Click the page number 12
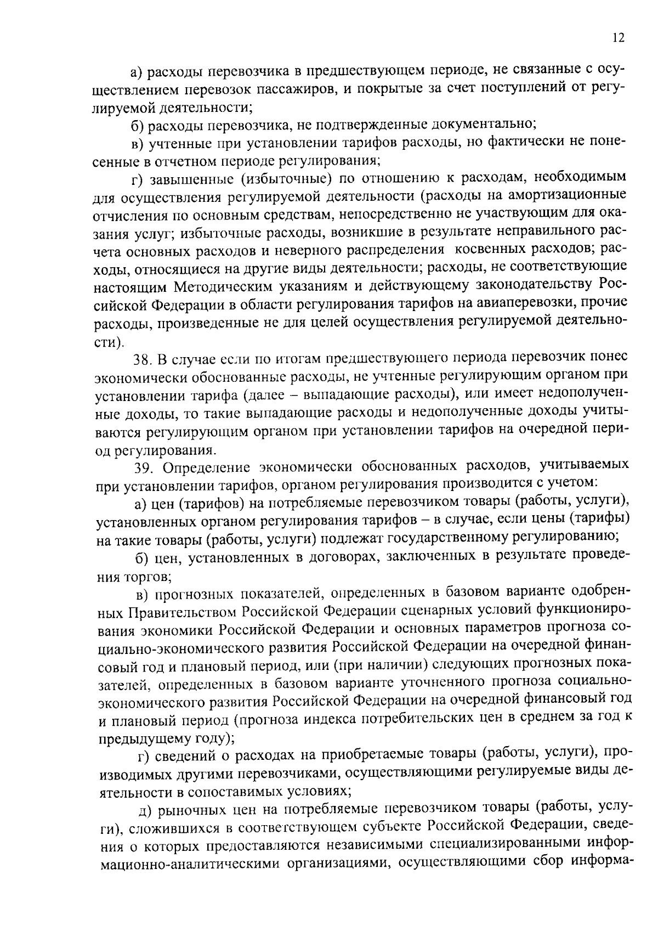click(x=618, y=37)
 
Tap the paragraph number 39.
click(x=145, y=467)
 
